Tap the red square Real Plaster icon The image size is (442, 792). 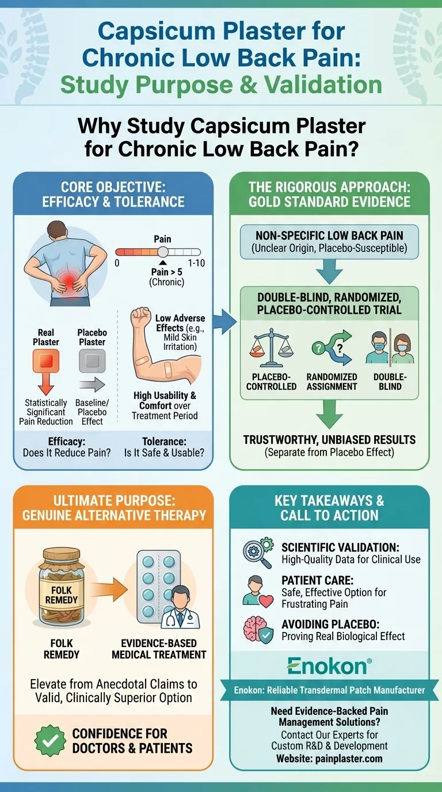pos(45,361)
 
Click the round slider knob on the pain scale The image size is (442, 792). pos(163,252)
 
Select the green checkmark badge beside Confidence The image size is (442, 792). pos(51,741)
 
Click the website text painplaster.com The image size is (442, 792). pos(349,758)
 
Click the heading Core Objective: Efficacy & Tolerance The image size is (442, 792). pos(113,194)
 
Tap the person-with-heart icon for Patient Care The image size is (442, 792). pos(256,591)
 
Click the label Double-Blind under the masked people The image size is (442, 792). pos(390,382)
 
